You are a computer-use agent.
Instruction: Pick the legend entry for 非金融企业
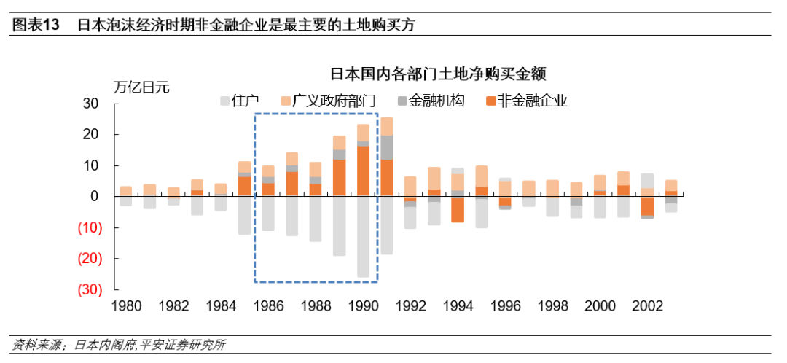[x=525, y=101]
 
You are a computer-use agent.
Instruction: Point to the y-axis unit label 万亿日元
[x=141, y=87]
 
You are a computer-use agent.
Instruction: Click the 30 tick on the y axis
[x=90, y=104]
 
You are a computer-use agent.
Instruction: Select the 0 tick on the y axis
[x=94, y=197]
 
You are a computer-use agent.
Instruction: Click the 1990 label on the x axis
[x=362, y=306]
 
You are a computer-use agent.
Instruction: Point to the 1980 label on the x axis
[x=126, y=306]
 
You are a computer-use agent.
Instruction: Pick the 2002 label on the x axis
[x=647, y=306]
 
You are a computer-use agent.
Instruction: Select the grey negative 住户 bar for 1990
[x=363, y=237]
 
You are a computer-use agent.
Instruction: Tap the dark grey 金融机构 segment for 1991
[x=386, y=147]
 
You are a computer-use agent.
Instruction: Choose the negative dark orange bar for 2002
[x=647, y=206]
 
